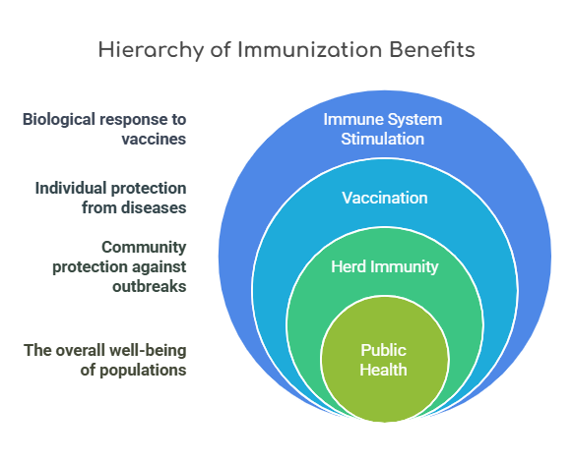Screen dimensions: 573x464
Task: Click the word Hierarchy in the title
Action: click(x=151, y=50)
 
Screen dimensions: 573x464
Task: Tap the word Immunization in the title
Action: click(x=310, y=49)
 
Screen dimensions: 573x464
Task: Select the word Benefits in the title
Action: click(x=432, y=49)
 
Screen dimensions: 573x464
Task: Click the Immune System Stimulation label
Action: click(x=383, y=129)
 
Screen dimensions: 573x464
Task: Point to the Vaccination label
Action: click(x=385, y=198)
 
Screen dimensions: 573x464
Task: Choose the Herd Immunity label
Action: click(x=385, y=266)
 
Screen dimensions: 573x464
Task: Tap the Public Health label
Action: click(x=383, y=360)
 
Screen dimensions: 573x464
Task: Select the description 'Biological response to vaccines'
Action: click(x=104, y=129)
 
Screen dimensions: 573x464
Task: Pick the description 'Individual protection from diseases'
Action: click(x=110, y=198)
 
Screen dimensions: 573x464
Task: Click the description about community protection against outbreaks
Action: click(x=119, y=266)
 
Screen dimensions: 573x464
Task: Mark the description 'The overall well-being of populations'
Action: click(x=105, y=360)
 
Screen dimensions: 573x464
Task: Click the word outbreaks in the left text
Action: click(x=150, y=286)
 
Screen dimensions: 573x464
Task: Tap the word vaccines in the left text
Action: click(x=154, y=139)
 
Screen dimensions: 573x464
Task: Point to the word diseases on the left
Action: click(x=154, y=207)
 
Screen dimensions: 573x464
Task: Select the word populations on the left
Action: click(x=143, y=371)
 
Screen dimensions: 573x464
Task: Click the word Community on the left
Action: click(x=144, y=248)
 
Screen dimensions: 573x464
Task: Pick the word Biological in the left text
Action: click(x=59, y=120)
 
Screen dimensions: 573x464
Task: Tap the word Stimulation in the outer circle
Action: click(x=383, y=139)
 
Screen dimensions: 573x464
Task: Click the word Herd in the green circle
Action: click(x=349, y=266)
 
